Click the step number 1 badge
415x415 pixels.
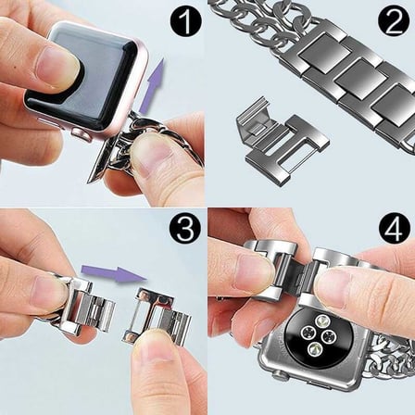click(x=185, y=22)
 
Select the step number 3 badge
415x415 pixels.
click(x=185, y=229)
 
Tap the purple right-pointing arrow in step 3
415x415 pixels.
click(x=113, y=272)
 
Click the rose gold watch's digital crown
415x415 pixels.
click(x=82, y=134)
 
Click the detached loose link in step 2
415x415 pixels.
click(x=282, y=145)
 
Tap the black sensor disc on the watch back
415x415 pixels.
click(x=319, y=333)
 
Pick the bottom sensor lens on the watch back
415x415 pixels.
click(x=316, y=348)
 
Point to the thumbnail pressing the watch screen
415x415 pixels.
click(x=58, y=66)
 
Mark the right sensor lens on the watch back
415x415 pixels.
click(x=330, y=336)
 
